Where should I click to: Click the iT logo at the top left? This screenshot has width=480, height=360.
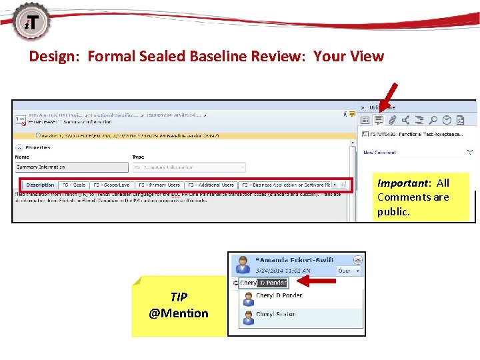(x=27, y=21)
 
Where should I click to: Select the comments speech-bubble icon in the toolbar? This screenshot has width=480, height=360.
(x=379, y=120)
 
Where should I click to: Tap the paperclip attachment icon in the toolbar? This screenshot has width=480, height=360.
(x=393, y=120)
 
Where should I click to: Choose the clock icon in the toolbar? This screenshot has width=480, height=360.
(x=447, y=120)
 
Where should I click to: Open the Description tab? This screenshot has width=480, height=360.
(x=41, y=185)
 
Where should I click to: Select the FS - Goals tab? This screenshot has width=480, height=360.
(x=74, y=185)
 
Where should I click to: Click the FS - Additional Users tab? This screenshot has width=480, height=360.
(x=211, y=185)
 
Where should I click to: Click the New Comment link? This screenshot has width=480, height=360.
(x=379, y=153)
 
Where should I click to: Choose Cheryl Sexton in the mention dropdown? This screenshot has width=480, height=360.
(x=275, y=315)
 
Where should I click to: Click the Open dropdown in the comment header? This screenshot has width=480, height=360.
(x=348, y=271)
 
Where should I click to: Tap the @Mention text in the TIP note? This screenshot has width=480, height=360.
(x=179, y=313)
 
